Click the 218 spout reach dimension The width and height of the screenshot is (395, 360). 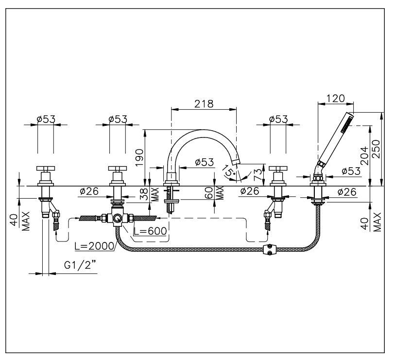[204, 103]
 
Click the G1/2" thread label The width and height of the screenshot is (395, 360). [79, 265]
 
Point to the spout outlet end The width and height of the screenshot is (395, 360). [236, 161]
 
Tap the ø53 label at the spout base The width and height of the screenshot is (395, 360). [205, 162]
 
